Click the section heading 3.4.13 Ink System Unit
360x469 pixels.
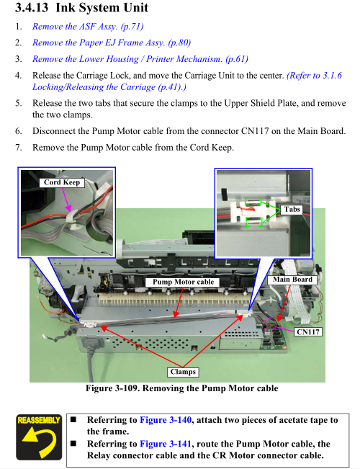click(x=81, y=7)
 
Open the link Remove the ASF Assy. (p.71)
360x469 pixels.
click(x=88, y=27)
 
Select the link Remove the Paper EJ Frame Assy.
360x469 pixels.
click(x=99, y=43)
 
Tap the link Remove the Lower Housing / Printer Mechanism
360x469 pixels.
click(x=127, y=59)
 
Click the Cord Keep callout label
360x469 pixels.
click(x=62, y=182)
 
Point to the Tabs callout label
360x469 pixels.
click(x=292, y=210)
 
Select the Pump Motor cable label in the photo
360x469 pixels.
click(x=183, y=282)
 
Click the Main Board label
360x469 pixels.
click(x=292, y=280)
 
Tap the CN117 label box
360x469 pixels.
click(x=308, y=331)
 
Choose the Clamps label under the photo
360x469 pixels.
click(x=183, y=372)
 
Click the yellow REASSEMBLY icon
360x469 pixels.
click(x=39, y=437)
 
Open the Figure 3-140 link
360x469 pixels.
click(x=166, y=420)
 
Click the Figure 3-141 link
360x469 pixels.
click(x=166, y=444)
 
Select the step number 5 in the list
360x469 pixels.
click(x=19, y=104)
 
